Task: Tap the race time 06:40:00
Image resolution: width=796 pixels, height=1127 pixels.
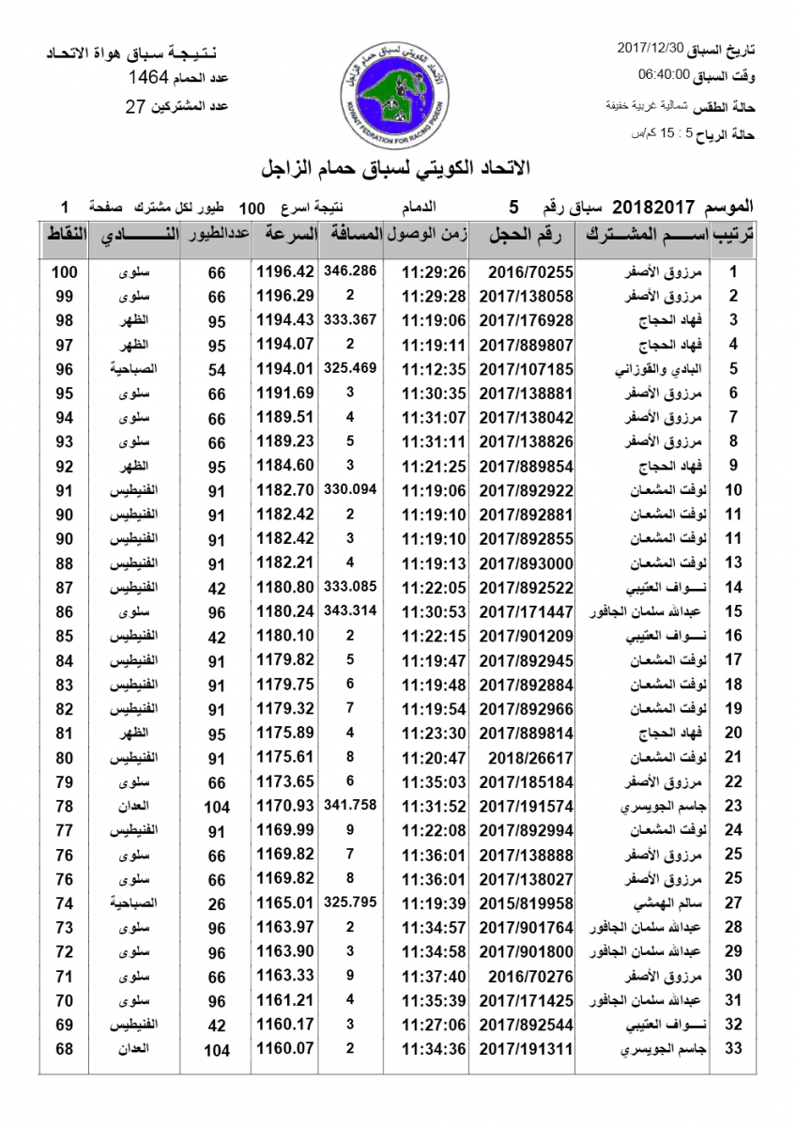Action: (x=664, y=74)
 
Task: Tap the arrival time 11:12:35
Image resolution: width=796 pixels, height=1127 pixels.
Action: (x=434, y=368)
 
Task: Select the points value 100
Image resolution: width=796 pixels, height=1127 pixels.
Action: (x=64, y=271)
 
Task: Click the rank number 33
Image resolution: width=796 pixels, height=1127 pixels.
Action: (x=734, y=1049)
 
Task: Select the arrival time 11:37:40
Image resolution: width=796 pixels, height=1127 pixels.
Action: (x=434, y=976)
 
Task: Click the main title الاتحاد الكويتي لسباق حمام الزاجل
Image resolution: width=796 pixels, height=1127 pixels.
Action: (x=397, y=168)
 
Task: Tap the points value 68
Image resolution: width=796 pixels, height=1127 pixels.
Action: (x=64, y=1049)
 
